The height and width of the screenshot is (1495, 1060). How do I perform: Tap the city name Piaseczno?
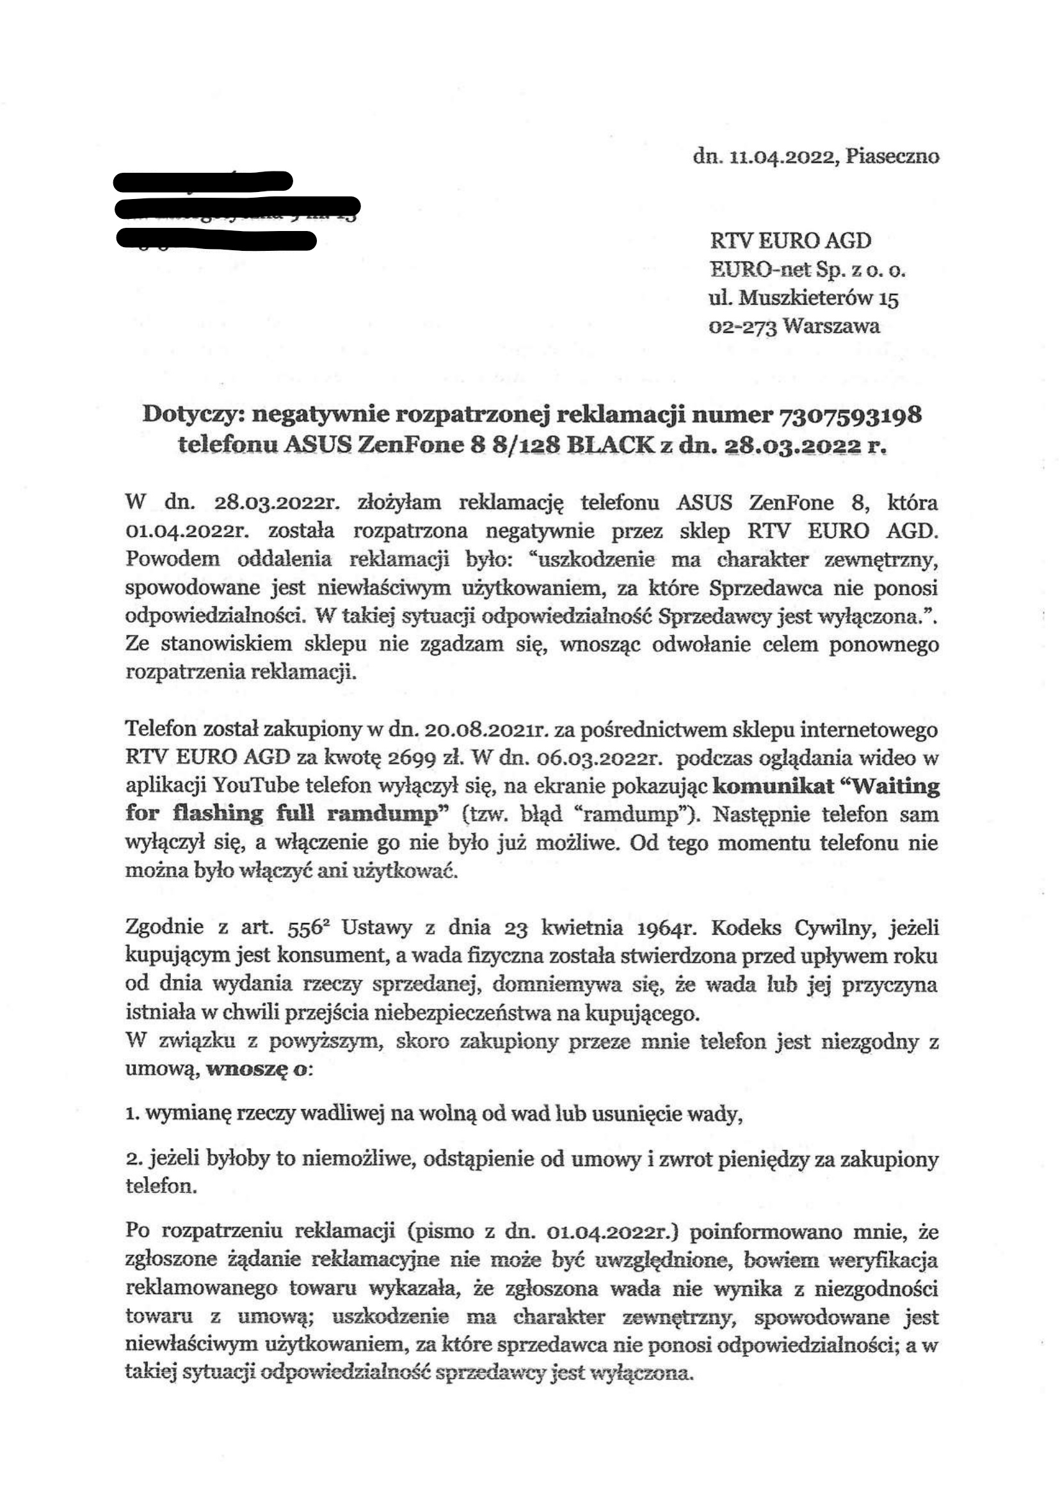point(892,157)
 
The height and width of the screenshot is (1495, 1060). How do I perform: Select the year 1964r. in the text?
point(664,927)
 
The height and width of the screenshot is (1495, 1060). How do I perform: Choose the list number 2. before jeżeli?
point(132,1159)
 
